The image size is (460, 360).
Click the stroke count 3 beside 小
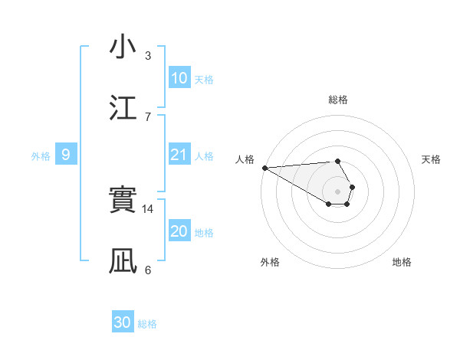click(148, 55)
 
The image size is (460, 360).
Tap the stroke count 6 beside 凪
click(148, 270)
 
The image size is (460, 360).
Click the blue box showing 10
click(179, 78)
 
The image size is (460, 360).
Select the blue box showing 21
click(179, 155)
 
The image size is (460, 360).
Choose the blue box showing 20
click(179, 231)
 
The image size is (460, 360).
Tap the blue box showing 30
click(123, 322)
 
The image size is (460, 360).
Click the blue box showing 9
click(66, 155)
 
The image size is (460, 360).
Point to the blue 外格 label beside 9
click(41, 155)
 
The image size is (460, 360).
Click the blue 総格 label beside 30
click(148, 324)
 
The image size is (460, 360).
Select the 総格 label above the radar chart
click(338, 100)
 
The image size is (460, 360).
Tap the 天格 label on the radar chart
click(432, 159)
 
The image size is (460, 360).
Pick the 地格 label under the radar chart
click(402, 262)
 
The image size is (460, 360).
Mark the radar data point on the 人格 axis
click(264, 168)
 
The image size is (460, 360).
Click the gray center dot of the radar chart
click(338, 191)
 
